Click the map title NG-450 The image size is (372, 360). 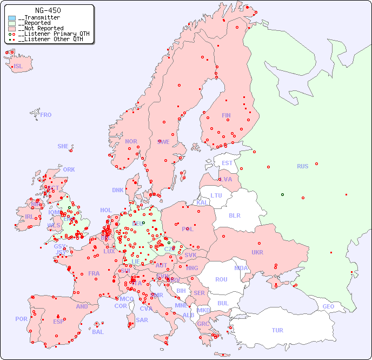[x=48, y=10]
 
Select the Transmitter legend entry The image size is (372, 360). [x=38, y=18]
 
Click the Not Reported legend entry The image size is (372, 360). [x=40, y=28]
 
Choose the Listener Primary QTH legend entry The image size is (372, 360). [x=49, y=34]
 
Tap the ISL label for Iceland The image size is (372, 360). [x=18, y=67]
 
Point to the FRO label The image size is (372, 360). [x=46, y=115]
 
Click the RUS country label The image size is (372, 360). [x=302, y=166]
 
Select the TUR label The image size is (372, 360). [x=277, y=330]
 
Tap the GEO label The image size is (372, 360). [x=328, y=306]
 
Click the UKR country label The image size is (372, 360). [x=257, y=252]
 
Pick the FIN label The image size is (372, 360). [x=226, y=115]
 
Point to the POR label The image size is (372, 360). [x=21, y=319]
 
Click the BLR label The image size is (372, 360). [x=234, y=215]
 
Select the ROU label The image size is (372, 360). [x=221, y=279]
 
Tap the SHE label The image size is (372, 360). [x=63, y=146]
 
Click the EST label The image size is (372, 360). [x=227, y=163]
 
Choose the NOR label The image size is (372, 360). [x=131, y=141]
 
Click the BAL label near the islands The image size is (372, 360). [x=98, y=332]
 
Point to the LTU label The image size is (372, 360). [x=216, y=195]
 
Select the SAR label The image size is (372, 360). [x=142, y=320]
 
